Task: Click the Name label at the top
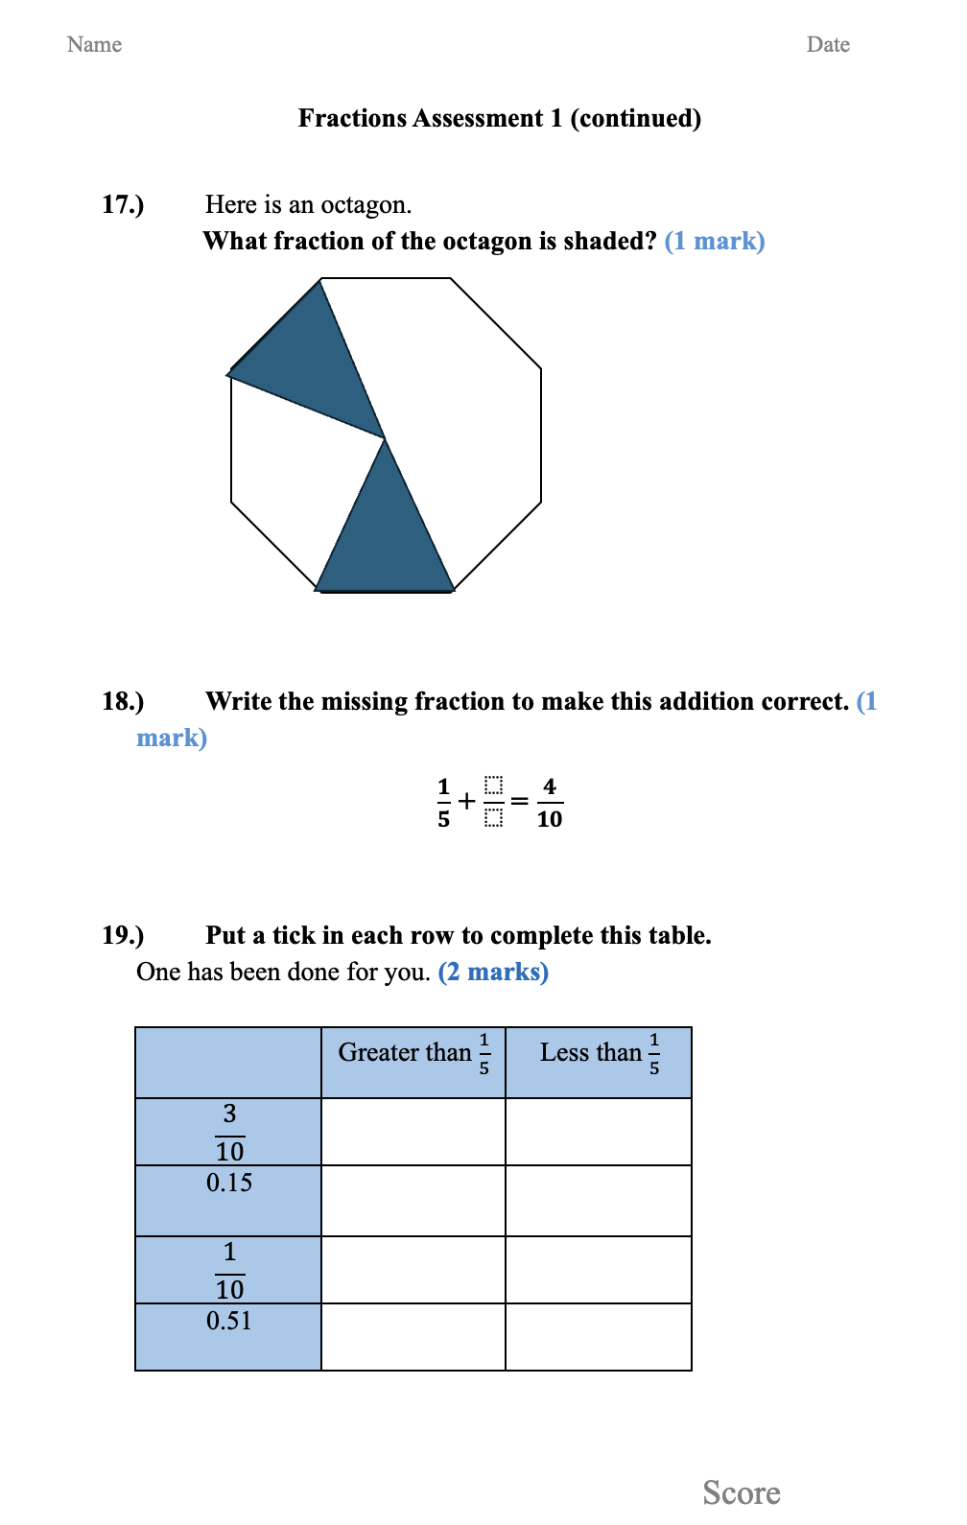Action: coord(94,44)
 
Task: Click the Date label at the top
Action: coord(828,44)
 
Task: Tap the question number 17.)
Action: coord(123,204)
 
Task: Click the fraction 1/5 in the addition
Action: coord(443,802)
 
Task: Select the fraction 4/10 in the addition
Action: coord(550,802)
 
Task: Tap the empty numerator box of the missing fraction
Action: coord(493,786)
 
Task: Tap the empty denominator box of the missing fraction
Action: coord(493,818)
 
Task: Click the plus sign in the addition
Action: coord(467,801)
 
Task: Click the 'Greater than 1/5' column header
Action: coord(413,1054)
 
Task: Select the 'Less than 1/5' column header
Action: coord(599,1054)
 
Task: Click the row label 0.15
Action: coord(229,1183)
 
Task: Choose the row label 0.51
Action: coord(229,1321)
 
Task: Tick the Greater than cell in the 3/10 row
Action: coord(413,1132)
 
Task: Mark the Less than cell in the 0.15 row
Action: coord(599,1201)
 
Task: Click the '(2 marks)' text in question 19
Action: coord(493,972)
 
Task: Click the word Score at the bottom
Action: coord(742,1492)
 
